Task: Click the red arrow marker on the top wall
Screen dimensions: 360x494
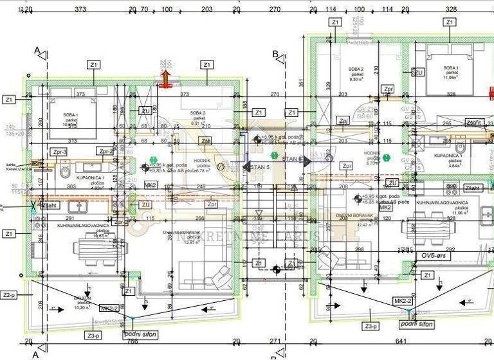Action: (x=165, y=78)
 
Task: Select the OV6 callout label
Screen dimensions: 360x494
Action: (x=435, y=256)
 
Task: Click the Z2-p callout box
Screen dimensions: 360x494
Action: (x=8, y=295)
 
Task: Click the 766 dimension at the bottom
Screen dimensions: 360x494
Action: (x=133, y=342)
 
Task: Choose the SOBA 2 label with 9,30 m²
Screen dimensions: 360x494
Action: (x=356, y=74)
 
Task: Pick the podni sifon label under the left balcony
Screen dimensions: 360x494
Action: (x=140, y=334)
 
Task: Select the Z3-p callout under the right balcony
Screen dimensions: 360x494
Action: (x=370, y=327)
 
